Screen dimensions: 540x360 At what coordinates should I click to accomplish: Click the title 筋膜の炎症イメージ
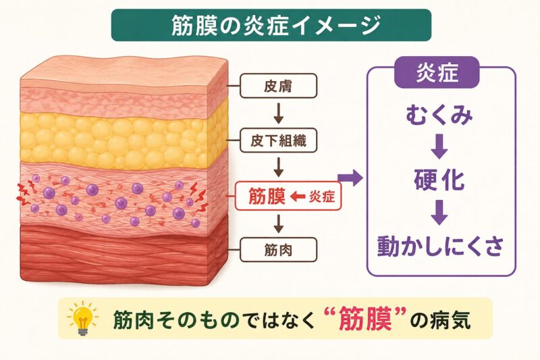pos(276,25)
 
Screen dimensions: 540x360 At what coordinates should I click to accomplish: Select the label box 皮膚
pos(278,86)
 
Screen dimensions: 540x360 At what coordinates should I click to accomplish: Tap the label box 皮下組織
pos(278,140)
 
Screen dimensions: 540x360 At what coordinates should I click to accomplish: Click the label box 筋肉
pos(278,249)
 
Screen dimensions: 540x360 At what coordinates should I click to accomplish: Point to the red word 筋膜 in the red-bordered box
pos(267,197)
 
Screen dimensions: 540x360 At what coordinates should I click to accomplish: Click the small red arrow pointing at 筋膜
pos(298,197)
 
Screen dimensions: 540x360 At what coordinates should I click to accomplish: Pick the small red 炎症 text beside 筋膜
pos(322,197)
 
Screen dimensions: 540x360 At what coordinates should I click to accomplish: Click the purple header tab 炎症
pos(437,72)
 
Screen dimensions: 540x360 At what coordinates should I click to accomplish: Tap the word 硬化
pos(439,180)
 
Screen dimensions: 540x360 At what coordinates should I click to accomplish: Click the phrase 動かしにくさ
pos(441,246)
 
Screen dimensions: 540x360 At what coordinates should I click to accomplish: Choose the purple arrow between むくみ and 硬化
pos(439,147)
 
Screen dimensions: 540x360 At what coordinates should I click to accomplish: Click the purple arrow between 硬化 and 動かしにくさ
pos(439,213)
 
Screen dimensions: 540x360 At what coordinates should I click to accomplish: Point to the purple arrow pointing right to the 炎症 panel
pos(350,178)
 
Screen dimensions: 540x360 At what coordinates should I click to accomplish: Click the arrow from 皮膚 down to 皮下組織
pos(279,113)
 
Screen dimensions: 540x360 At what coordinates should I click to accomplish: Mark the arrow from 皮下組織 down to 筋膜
pos(279,168)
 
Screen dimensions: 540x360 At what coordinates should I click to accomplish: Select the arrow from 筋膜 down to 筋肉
pos(279,224)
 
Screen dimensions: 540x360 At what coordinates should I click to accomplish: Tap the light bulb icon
pos(82,317)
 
